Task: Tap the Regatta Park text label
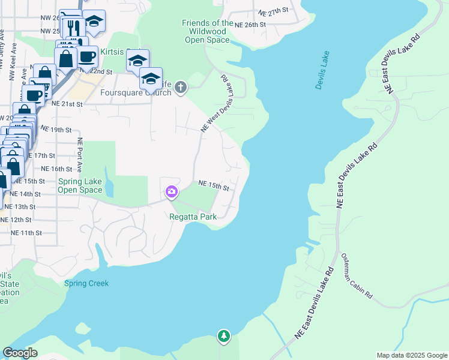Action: point(193,217)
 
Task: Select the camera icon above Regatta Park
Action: point(172,192)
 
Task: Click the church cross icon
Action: point(181,89)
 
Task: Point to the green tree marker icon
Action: point(224,336)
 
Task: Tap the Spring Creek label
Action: point(86,283)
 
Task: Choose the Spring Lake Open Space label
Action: point(80,185)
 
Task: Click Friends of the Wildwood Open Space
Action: point(206,31)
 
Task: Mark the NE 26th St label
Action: point(250,25)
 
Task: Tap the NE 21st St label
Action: point(66,104)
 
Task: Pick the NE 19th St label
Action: point(56,129)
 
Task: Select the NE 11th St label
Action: point(26,232)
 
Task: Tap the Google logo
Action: point(20,352)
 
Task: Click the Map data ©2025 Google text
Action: point(411,355)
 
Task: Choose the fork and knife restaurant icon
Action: point(73,27)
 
